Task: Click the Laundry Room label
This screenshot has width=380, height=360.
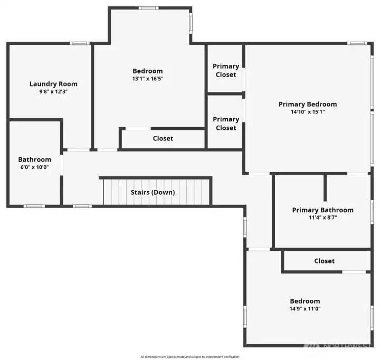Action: tap(53, 84)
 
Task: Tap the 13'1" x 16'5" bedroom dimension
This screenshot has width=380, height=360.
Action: tap(147, 79)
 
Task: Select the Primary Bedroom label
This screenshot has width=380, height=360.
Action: tap(307, 104)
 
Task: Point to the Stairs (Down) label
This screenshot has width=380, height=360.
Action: tap(153, 192)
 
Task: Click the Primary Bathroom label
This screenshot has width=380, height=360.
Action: tap(322, 210)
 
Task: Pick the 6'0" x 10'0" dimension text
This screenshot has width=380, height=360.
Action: tap(35, 167)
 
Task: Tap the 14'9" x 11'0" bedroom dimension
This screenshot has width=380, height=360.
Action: tap(305, 309)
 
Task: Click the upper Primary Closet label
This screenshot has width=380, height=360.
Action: tap(225, 70)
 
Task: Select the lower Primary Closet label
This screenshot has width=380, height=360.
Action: tap(225, 124)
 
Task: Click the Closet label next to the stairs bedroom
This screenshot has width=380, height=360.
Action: tap(163, 139)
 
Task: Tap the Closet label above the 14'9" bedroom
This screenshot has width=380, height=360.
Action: tap(324, 261)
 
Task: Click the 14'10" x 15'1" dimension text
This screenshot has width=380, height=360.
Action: tap(307, 112)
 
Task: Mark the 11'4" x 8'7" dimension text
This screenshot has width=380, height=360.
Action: tap(322, 217)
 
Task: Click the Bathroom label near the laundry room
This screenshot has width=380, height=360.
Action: tap(35, 159)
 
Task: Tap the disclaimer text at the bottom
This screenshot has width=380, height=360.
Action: tap(189, 357)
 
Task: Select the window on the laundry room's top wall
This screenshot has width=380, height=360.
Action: tap(79, 43)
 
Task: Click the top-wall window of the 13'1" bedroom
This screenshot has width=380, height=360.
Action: tap(149, 8)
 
